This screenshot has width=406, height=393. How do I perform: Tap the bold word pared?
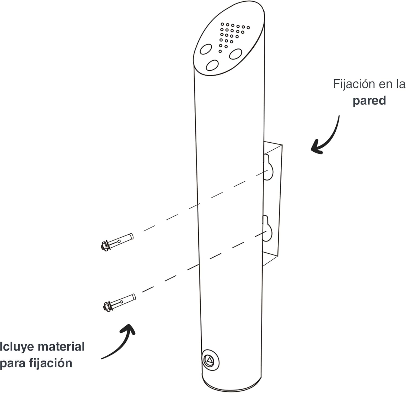coord(369,101)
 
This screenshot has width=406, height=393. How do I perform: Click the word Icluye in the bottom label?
coord(17,347)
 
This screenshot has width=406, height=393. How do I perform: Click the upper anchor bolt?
coord(117,242)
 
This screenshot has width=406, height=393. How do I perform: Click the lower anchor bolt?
coord(119,302)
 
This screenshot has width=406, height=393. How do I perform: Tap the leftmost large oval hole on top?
coord(206,49)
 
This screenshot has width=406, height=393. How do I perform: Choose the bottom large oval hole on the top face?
coord(212,65)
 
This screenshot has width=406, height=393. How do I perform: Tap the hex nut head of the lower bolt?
coord(106,306)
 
